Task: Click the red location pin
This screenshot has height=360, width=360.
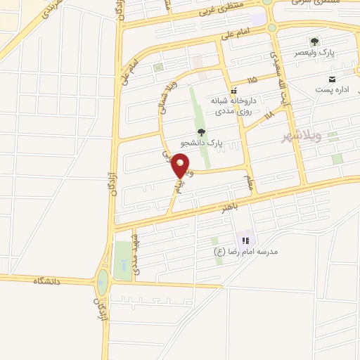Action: (x=181, y=166)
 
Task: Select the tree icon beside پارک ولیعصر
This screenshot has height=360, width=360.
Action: (x=314, y=41)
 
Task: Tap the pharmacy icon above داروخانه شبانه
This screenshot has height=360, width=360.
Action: (x=235, y=91)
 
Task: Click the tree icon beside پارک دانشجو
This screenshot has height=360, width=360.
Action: (x=201, y=131)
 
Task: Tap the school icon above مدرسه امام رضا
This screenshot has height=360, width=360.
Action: (x=245, y=240)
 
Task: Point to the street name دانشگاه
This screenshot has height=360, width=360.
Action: (x=48, y=281)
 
